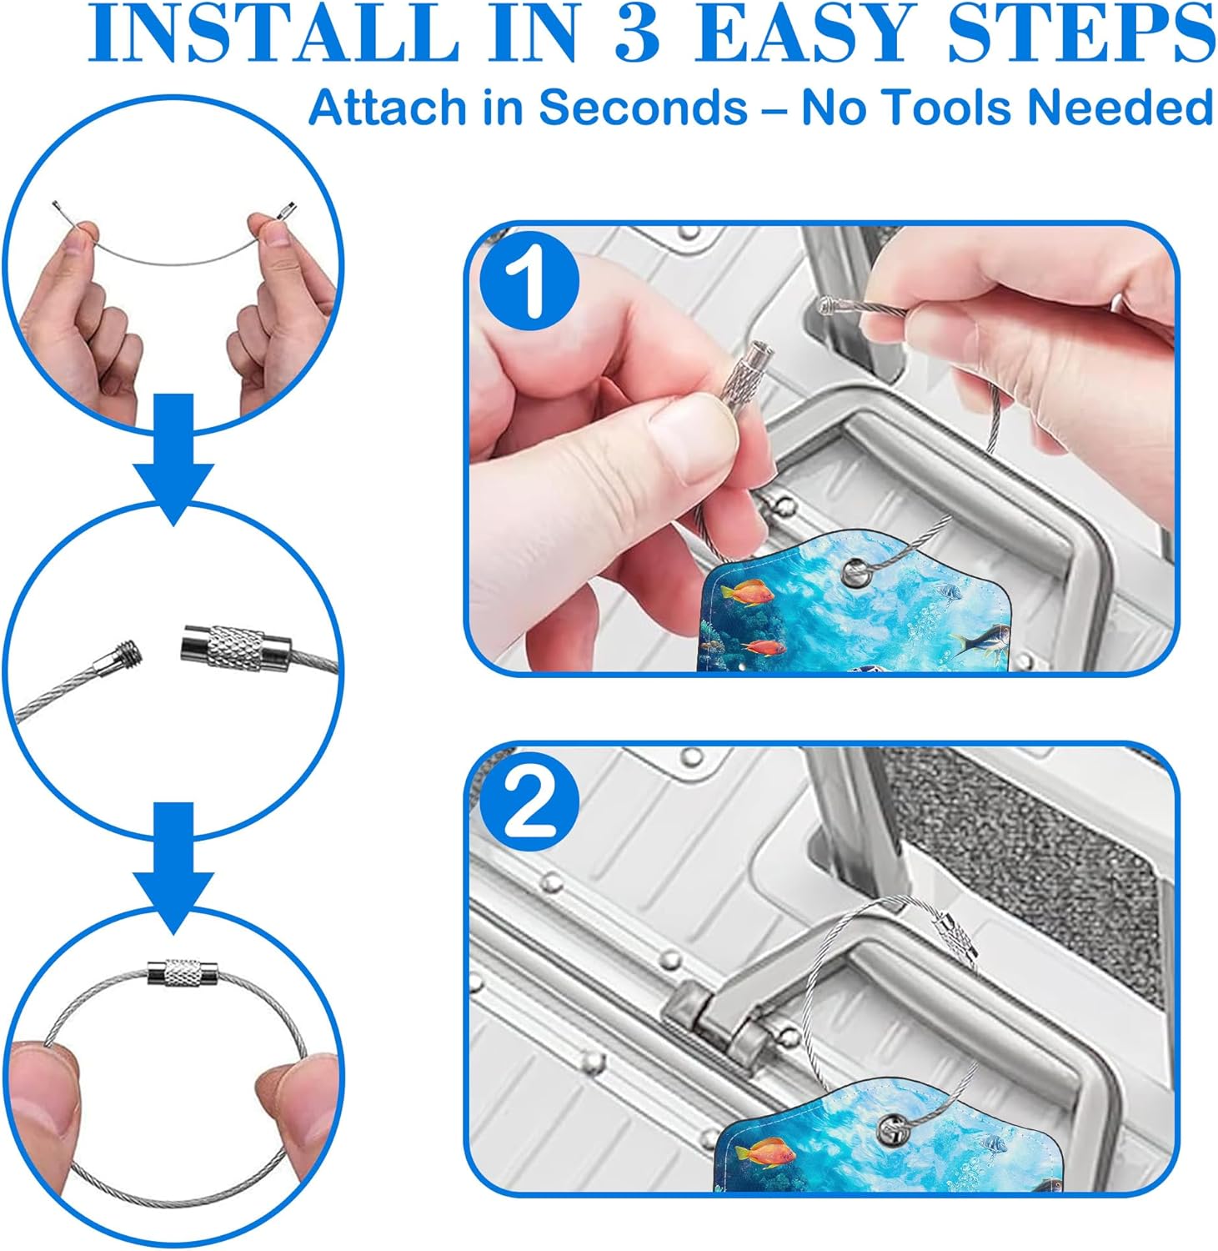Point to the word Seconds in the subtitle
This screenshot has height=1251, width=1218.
pyautogui.click(x=642, y=108)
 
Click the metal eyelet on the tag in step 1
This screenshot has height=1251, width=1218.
pyautogui.click(x=855, y=572)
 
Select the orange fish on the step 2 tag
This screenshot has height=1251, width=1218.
pyautogui.click(x=764, y=1156)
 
